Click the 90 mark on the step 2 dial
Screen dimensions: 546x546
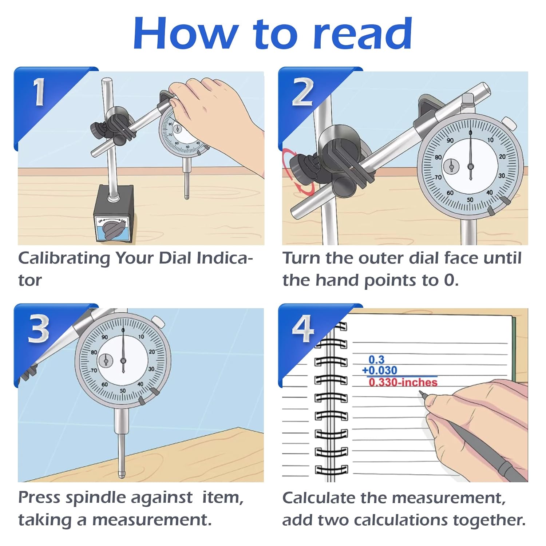pyautogui.click(x=450, y=141)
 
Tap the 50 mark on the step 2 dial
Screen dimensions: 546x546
pyautogui.click(x=470, y=199)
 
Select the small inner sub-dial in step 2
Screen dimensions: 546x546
pyautogui.click(x=451, y=167)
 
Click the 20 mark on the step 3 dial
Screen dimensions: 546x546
pyautogui.click(x=151, y=352)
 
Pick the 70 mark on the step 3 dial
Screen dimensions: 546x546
pyautogui.click(x=94, y=370)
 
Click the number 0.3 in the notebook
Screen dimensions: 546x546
pyautogui.click(x=376, y=360)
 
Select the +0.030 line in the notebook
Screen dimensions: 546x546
pyautogui.click(x=379, y=371)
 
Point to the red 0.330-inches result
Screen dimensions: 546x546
pyautogui.click(x=403, y=382)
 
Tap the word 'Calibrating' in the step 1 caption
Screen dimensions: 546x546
pyautogui.click(x=64, y=258)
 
